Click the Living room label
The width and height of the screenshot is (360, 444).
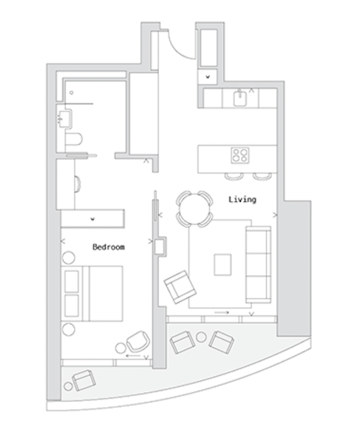(242, 200)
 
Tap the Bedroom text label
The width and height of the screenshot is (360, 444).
(109, 247)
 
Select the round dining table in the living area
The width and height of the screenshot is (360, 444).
(194, 209)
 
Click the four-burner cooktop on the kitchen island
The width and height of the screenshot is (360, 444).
(240, 155)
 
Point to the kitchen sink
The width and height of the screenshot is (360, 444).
(240, 98)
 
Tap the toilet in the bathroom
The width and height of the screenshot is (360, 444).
(74, 139)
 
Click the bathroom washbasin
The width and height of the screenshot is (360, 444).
(64, 118)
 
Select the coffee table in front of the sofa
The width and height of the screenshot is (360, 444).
(223, 265)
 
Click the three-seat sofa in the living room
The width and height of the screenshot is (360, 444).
(258, 264)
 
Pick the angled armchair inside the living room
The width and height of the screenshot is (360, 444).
(180, 287)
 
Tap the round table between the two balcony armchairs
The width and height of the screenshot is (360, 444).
(201, 337)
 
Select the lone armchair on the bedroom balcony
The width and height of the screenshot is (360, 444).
(84, 380)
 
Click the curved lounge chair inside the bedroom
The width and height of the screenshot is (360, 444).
(137, 341)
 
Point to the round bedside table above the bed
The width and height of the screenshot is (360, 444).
(69, 258)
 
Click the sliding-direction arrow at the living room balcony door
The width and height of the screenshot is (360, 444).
(222, 312)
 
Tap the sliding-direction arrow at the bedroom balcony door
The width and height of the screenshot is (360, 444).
(133, 356)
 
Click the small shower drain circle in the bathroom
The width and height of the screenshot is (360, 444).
(71, 92)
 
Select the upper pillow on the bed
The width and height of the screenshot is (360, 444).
(72, 281)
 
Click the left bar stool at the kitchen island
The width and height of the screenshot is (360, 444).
(234, 176)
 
